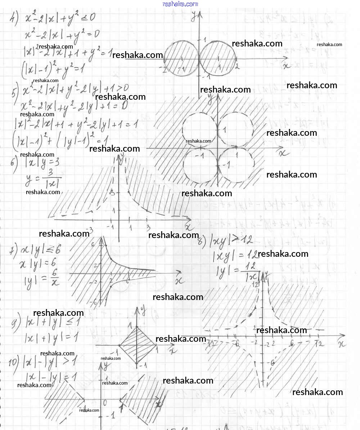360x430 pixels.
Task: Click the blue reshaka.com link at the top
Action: tap(180, 4)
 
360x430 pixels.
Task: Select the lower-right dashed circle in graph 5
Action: tap(236, 166)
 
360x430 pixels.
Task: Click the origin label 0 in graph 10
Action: tap(105, 402)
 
